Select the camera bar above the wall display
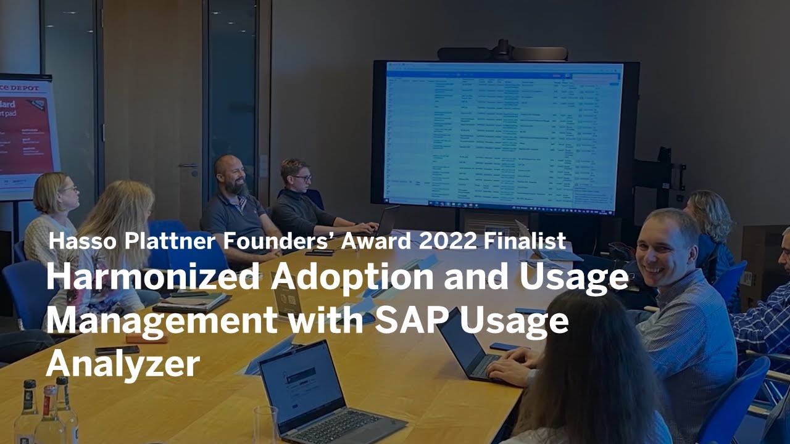coord(502,52)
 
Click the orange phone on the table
coord(147,339)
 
